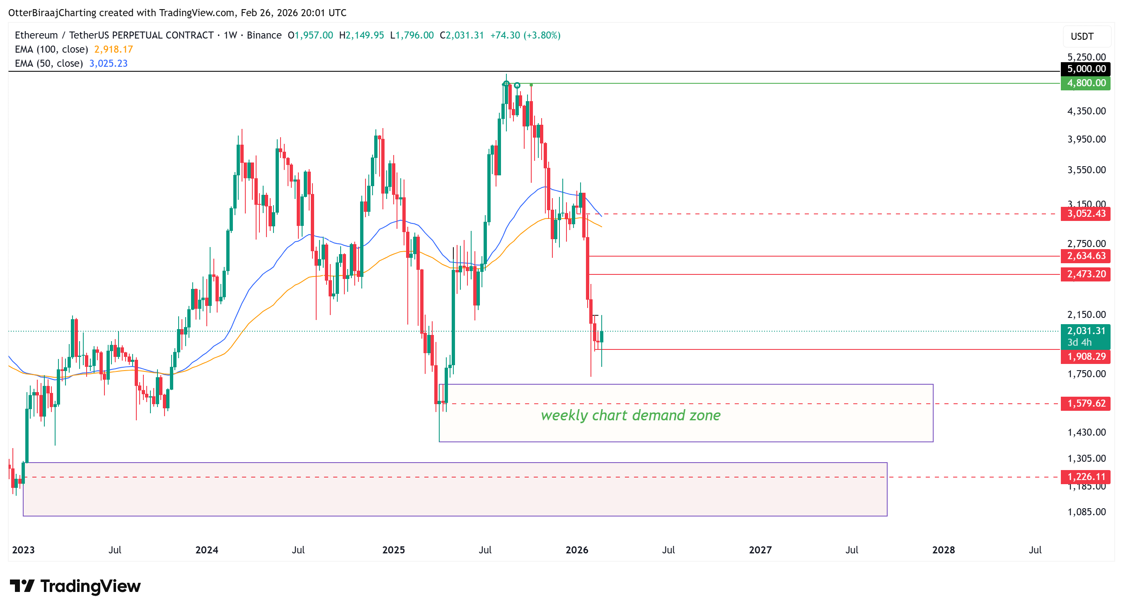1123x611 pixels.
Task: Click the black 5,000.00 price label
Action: [1086, 69]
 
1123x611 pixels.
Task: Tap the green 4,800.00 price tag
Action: [1086, 83]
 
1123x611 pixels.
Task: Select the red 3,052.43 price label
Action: [1086, 214]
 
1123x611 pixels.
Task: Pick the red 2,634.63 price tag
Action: [1086, 256]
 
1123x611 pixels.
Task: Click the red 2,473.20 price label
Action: [1086, 274]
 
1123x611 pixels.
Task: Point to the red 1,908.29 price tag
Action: [1086, 357]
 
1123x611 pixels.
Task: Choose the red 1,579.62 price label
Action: [1086, 403]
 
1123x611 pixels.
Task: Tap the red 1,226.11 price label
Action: [1086, 477]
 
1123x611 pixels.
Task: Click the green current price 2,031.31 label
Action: [1086, 332]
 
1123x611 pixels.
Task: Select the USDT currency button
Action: [1082, 36]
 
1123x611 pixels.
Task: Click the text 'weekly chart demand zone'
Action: [630, 415]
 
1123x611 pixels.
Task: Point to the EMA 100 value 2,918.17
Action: [114, 49]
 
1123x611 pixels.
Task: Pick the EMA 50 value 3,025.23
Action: [108, 63]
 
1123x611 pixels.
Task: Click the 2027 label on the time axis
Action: [760, 550]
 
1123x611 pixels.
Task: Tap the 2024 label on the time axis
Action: [207, 550]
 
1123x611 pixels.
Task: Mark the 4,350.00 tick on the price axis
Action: [1086, 111]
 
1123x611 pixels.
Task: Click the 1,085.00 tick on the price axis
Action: [1086, 512]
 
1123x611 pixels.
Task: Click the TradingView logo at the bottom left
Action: [75, 586]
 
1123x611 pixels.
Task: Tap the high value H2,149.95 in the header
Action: [361, 35]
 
